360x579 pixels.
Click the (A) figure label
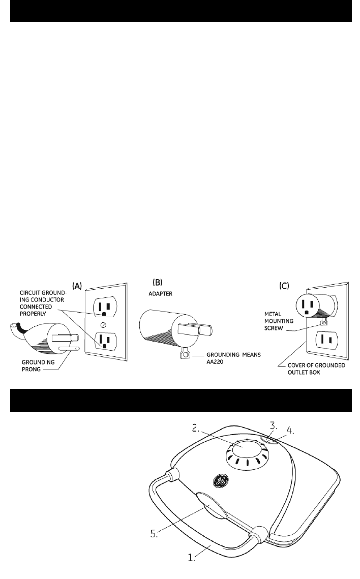point(77,286)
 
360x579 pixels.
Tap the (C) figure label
point(285,286)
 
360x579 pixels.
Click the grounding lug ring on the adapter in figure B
point(185,353)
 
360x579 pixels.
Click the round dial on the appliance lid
point(247,451)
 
